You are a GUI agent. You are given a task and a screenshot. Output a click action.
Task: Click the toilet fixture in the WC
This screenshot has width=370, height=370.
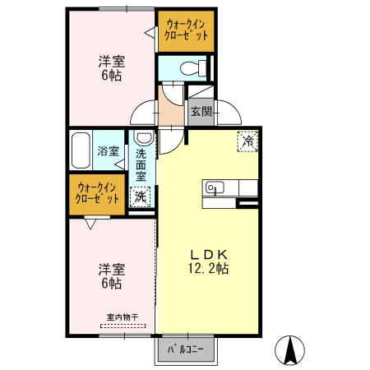(x=186, y=67)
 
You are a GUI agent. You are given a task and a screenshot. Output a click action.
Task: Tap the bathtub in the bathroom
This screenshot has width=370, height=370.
(x=81, y=150)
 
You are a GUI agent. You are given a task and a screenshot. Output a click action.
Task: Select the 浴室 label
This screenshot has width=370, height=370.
(x=109, y=151)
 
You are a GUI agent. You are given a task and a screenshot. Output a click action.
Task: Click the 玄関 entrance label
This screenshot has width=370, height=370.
(x=201, y=111)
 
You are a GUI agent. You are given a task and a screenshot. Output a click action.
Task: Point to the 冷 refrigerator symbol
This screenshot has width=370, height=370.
(x=247, y=141)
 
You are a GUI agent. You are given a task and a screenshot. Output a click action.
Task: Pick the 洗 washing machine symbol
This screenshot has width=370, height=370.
(x=141, y=197)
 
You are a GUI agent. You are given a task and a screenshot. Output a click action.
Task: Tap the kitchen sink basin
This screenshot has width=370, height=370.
(x=212, y=187)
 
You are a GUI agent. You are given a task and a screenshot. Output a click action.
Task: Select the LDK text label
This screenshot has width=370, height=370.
(x=209, y=253)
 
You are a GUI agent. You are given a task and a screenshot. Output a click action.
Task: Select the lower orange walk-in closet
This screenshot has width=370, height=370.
(x=97, y=193)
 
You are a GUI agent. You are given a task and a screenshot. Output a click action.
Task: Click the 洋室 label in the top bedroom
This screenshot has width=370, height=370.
(x=112, y=62)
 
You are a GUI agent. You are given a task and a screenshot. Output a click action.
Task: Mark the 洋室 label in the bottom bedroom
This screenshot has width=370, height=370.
(x=112, y=269)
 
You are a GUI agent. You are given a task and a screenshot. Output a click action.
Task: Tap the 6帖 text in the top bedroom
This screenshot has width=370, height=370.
(x=112, y=76)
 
